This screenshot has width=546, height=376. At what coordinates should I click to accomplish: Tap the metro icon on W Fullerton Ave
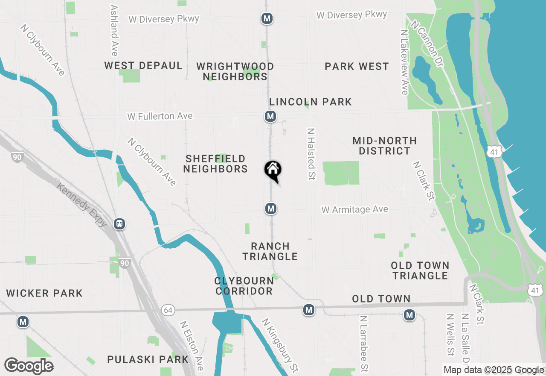click(270, 116)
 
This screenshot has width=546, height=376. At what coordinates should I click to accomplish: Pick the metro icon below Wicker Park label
click(23, 322)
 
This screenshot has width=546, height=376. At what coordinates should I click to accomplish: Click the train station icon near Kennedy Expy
click(120, 224)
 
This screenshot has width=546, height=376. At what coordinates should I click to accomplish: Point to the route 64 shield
click(167, 310)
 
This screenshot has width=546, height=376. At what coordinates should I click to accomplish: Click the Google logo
click(29, 366)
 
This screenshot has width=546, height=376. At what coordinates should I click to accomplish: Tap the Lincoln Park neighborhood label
click(311, 102)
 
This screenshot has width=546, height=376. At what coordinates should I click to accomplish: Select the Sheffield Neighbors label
click(215, 164)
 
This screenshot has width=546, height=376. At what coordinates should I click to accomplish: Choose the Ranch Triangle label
click(270, 251)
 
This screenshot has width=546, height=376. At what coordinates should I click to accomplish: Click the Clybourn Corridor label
click(244, 286)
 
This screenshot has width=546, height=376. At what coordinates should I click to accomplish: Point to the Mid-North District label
click(384, 146)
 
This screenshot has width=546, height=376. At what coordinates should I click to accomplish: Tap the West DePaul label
click(143, 66)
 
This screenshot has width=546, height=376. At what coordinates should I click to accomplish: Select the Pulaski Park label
click(148, 359)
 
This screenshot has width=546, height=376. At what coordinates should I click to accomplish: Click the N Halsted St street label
click(311, 154)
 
